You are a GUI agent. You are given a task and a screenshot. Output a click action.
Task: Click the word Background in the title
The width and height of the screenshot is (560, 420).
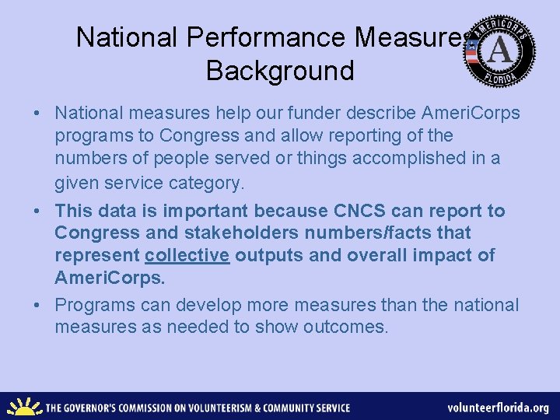[x=280, y=71]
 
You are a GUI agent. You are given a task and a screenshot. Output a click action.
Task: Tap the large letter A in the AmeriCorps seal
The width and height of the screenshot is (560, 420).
[x=500, y=51]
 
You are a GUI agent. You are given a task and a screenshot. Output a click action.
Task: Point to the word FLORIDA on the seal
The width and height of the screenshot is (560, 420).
[x=499, y=79]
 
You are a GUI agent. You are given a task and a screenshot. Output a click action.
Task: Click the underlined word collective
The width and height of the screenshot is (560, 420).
[x=187, y=255]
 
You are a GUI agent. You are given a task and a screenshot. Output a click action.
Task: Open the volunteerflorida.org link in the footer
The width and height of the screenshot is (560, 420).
[x=498, y=408]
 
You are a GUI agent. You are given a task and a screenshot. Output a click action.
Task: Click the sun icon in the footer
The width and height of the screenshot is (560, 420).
[x=23, y=407]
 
